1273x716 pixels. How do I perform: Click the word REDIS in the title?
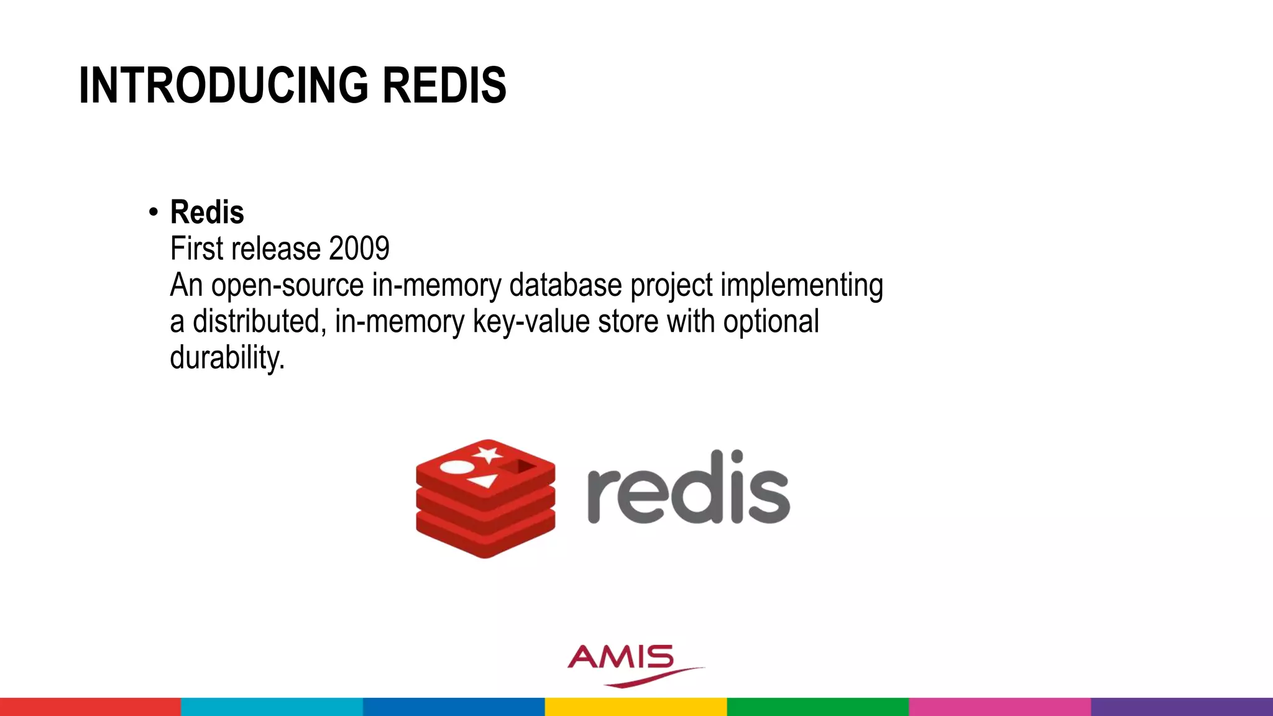point(444,85)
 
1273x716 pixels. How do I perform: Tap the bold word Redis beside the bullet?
point(207,212)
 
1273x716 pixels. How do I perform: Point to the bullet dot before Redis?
point(154,213)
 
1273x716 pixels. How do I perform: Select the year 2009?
point(359,249)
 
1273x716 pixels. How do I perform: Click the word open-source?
point(287,285)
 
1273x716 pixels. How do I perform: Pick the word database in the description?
point(565,285)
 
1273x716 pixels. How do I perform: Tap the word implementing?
point(801,285)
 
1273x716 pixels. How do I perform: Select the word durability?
point(227,358)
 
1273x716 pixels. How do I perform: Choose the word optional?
point(771,321)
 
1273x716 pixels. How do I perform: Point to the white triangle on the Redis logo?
point(483,480)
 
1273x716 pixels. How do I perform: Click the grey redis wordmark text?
point(688,488)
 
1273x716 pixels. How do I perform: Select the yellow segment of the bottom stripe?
point(636,707)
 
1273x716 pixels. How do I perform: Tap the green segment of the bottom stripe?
point(817,707)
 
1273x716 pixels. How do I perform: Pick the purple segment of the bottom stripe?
point(1182,707)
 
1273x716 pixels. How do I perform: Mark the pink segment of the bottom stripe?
point(1000,707)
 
